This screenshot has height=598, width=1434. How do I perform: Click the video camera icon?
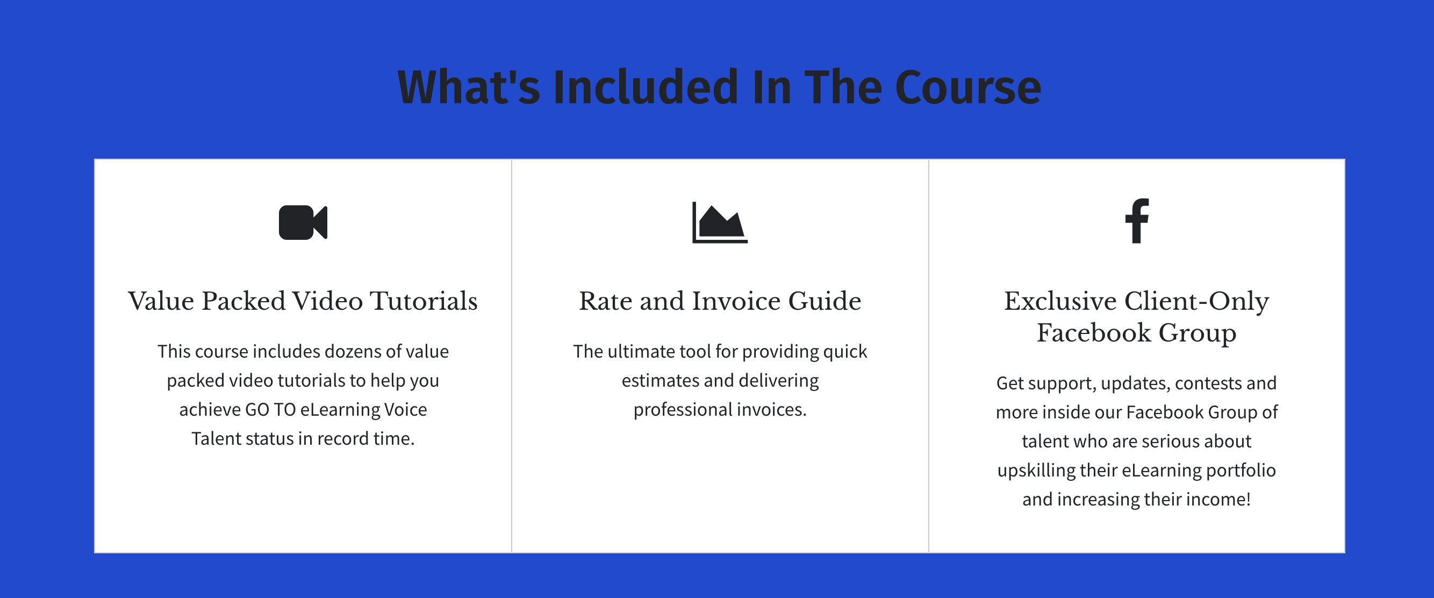pos(303,222)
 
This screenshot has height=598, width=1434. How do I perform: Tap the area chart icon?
pos(720,222)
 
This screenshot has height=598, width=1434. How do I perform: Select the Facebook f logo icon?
pos(1137,220)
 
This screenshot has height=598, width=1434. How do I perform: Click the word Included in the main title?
pos(646,88)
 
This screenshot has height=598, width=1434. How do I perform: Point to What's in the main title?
pos(469,88)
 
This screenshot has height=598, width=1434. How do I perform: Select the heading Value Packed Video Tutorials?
pos(303,301)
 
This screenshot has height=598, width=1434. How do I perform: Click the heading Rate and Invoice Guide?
pos(720,301)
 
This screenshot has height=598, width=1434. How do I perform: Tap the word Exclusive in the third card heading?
pos(1060,301)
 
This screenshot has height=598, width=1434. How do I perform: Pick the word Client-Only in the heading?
pos(1197,301)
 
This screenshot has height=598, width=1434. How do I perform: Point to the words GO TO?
pos(270,410)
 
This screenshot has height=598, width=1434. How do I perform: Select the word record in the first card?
pos(343,439)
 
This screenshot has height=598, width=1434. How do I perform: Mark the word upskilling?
pos(1036,471)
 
